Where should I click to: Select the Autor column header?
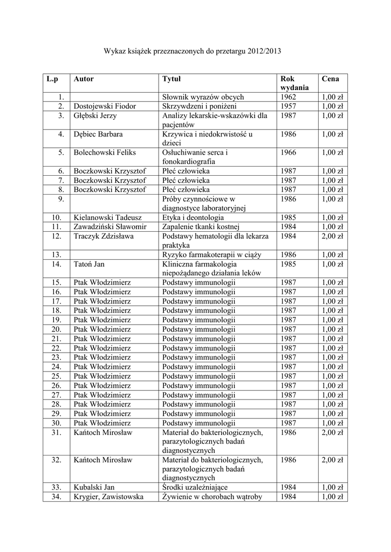[84, 79]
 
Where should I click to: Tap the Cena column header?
[330, 79]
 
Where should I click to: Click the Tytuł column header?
[172, 79]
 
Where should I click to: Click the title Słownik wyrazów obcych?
[203, 97]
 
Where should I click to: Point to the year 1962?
[288, 97]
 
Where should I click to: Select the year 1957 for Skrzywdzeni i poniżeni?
[288, 106]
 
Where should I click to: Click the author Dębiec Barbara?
[98, 134]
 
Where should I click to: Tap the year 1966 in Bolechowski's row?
[288, 153]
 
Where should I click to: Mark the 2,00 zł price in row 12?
[332, 236]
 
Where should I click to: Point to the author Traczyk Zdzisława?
[102, 236]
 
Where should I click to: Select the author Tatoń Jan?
[89, 264]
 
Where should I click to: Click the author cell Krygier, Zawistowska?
[108, 496]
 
